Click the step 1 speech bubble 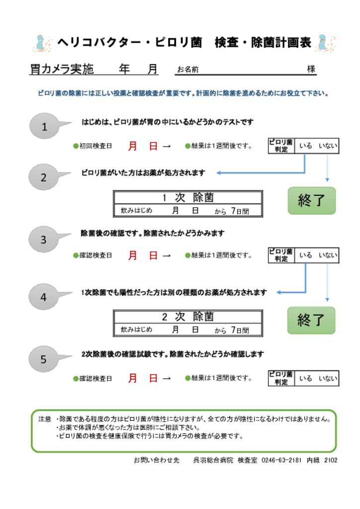pyautogui.click(x=44, y=127)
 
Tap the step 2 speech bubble pyautogui.click(x=43, y=177)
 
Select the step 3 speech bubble pyautogui.click(x=43, y=240)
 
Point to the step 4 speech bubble pyautogui.click(x=43, y=297)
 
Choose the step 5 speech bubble pyautogui.click(x=43, y=359)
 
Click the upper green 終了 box pyautogui.click(x=311, y=201)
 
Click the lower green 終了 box pyautogui.click(x=311, y=320)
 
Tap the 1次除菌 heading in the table pyautogui.click(x=187, y=198)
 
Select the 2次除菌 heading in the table pyautogui.click(x=187, y=317)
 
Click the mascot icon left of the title pyautogui.click(x=42, y=43)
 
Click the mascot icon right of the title pyautogui.click(x=325, y=43)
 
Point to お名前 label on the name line pyautogui.click(x=187, y=70)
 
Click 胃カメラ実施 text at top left pyautogui.click(x=62, y=69)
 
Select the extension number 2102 pyautogui.click(x=330, y=460)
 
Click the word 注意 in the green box pyautogui.click(x=44, y=419)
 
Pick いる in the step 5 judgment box pyautogui.click(x=305, y=378)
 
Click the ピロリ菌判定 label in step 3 pyautogui.click(x=281, y=255)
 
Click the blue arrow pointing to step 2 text pyautogui.click(x=221, y=173)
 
